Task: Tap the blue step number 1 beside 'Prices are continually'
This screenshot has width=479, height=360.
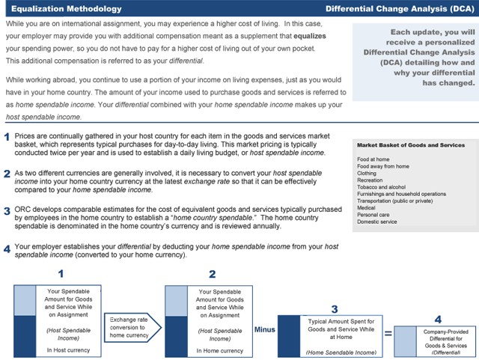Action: point(7,137)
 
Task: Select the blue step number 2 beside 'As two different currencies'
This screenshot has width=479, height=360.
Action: point(7,174)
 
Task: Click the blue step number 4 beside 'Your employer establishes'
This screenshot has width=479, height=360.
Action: point(7,248)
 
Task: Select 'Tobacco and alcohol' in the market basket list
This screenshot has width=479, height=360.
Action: point(382,186)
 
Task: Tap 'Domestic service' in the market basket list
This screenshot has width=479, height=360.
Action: point(377,221)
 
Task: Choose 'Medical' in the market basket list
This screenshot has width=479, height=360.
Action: point(367,207)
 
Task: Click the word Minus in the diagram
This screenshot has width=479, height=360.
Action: point(265,327)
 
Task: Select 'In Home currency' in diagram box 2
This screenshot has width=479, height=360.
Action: point(219,350)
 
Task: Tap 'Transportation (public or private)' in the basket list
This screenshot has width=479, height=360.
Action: point(395,200)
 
